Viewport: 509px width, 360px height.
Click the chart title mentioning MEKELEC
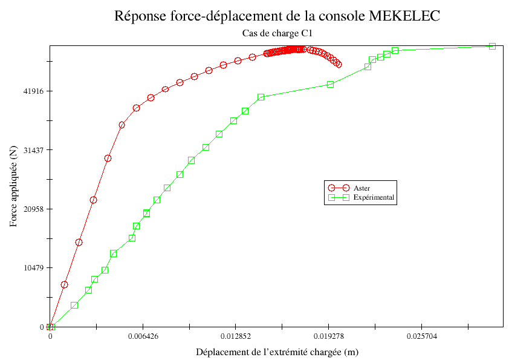277,16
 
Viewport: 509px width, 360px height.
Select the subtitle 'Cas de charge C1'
276,34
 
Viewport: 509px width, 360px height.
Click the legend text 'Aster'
361,188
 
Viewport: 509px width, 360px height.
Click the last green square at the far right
492,46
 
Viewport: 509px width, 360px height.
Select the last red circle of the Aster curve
339,64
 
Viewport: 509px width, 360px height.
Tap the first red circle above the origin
65,284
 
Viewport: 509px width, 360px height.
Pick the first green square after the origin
74,305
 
